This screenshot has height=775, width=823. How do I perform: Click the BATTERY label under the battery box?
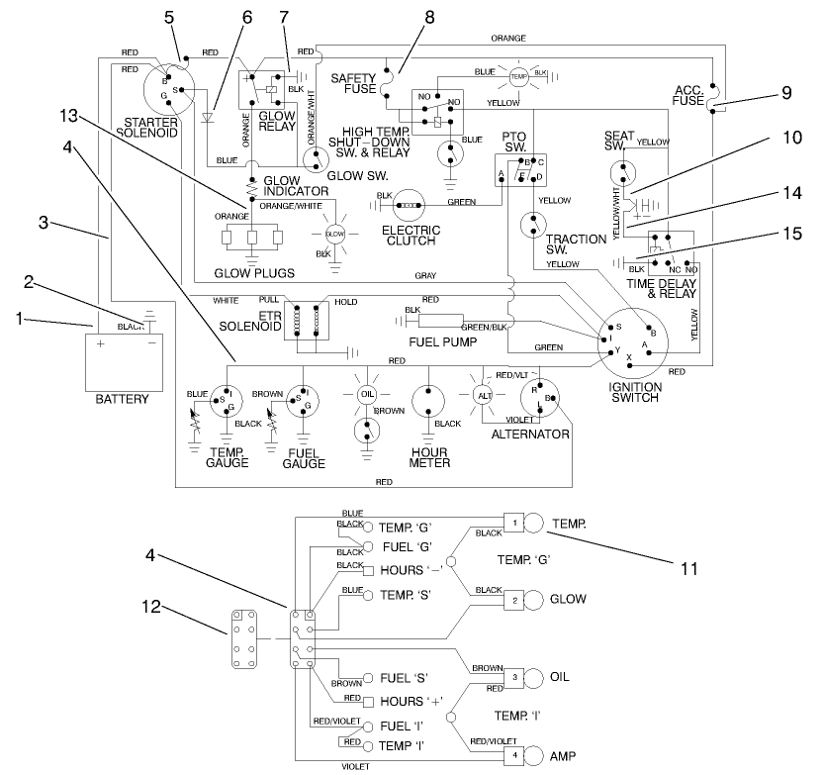[123, 399]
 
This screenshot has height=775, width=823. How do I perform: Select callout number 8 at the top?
[428, 16]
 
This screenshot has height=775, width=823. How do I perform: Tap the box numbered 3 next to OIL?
[514, 676]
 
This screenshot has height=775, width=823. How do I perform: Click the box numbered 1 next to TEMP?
[514, 522]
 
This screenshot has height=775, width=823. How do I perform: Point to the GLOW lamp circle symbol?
[334, 234]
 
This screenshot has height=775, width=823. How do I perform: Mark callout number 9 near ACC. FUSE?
[786, 94]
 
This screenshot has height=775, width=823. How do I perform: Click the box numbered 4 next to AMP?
[514, 754]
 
